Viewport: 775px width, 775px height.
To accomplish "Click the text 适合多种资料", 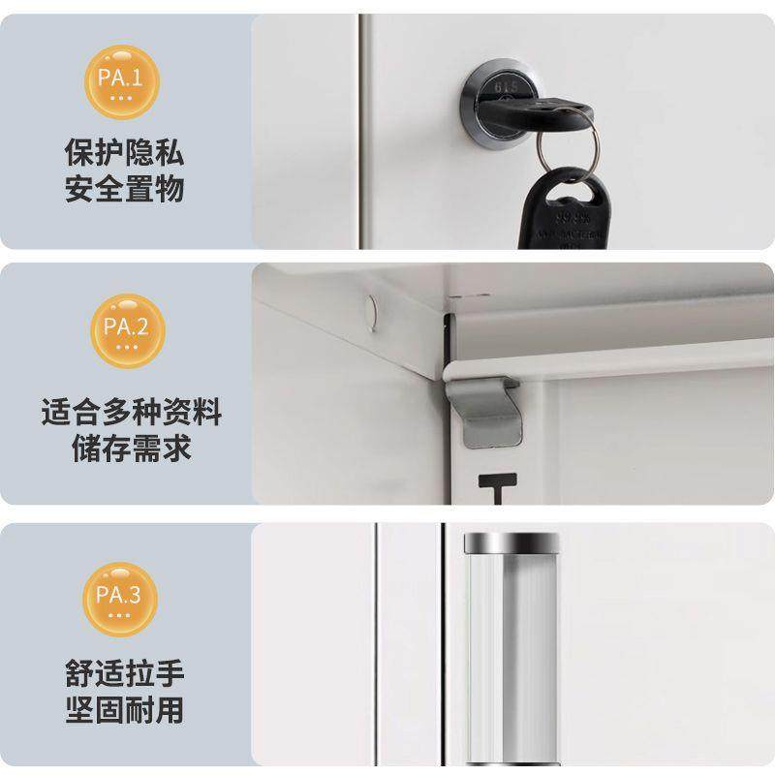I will tap(131, 414).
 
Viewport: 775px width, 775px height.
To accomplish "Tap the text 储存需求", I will tap(131, 449).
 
